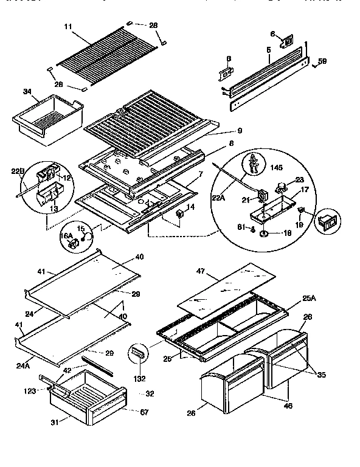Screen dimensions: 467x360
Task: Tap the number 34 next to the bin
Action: pos(27,92)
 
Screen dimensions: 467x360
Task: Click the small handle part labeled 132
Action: pos(138,354)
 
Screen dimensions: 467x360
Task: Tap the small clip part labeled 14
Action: pos(180,213)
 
